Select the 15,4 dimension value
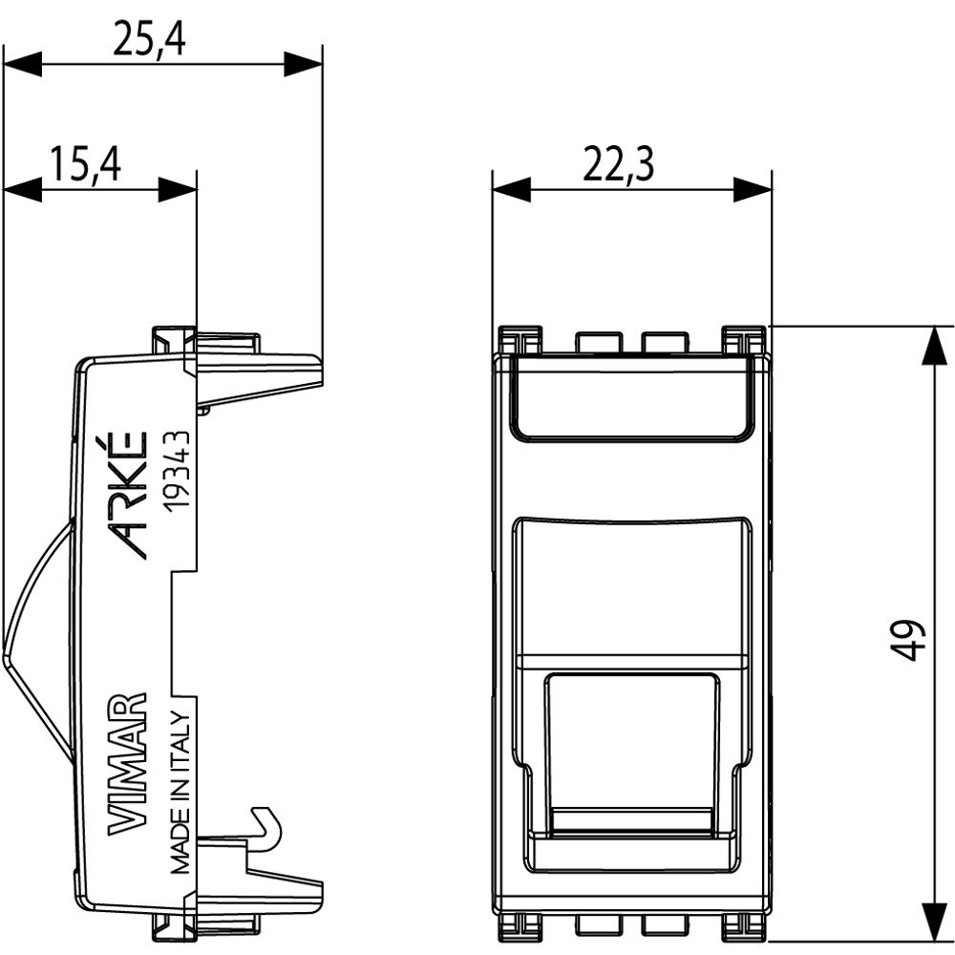[x=86, y=164]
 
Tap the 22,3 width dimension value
[x=618, y=164]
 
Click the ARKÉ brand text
[x=130, y=494]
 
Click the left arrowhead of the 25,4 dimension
[x=23, y=65]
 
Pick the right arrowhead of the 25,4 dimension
[x=303, y=65]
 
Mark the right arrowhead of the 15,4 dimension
[x=177, y=189]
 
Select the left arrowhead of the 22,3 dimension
[x=511, y=189]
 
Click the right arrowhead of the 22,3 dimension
[x=753, y=189]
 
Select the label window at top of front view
[x=630, y=399]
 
